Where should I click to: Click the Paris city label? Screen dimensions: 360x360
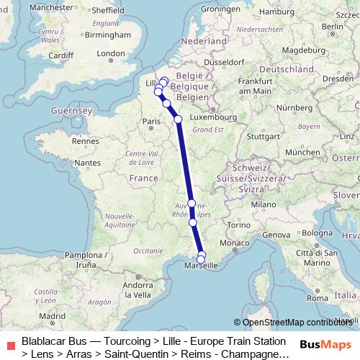151,122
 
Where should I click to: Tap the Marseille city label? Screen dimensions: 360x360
202,266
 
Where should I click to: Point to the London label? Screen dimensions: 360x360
111,53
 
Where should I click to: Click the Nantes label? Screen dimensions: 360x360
87,163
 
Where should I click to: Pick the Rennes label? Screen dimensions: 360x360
84,141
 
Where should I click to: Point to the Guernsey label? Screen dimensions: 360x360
71,111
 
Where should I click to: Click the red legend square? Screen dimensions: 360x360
10,346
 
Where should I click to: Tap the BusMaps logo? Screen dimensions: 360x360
325,344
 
